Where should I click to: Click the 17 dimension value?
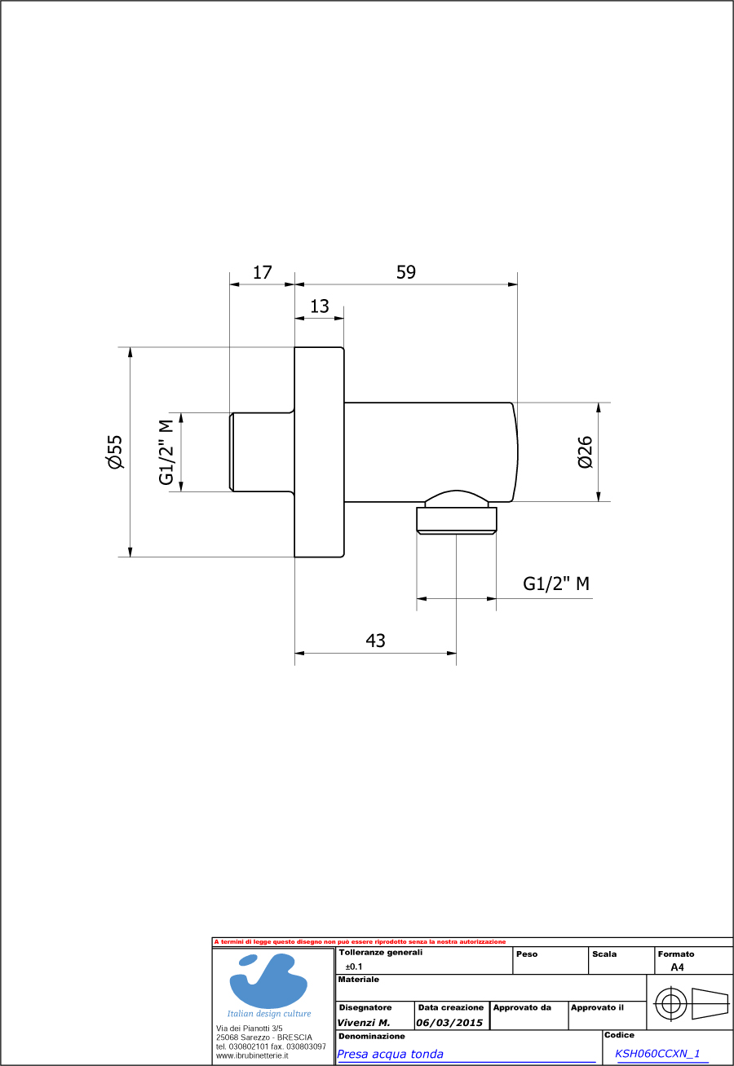[262, 272]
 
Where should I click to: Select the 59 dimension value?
[406, 272]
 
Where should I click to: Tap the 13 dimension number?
[320, 306]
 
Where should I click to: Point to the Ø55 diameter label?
[114, 452]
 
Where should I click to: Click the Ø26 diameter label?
[585, 452]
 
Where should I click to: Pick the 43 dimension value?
[375, 641]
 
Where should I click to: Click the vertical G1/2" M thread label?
[167, 452]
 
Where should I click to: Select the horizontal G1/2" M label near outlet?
[556, 584]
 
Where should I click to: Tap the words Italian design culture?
[269, 1014]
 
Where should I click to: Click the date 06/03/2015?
[450, 1023]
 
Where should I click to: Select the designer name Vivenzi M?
[363, 1023]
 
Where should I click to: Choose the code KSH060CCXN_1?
[657, 1054]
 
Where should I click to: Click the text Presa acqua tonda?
[391, 1054]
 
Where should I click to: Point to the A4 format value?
[677, 967]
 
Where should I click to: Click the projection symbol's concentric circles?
[670, 1003]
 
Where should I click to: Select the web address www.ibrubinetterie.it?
[252, 1055]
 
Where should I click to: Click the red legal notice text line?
[360, 941]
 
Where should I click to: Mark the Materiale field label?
[359, 980]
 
